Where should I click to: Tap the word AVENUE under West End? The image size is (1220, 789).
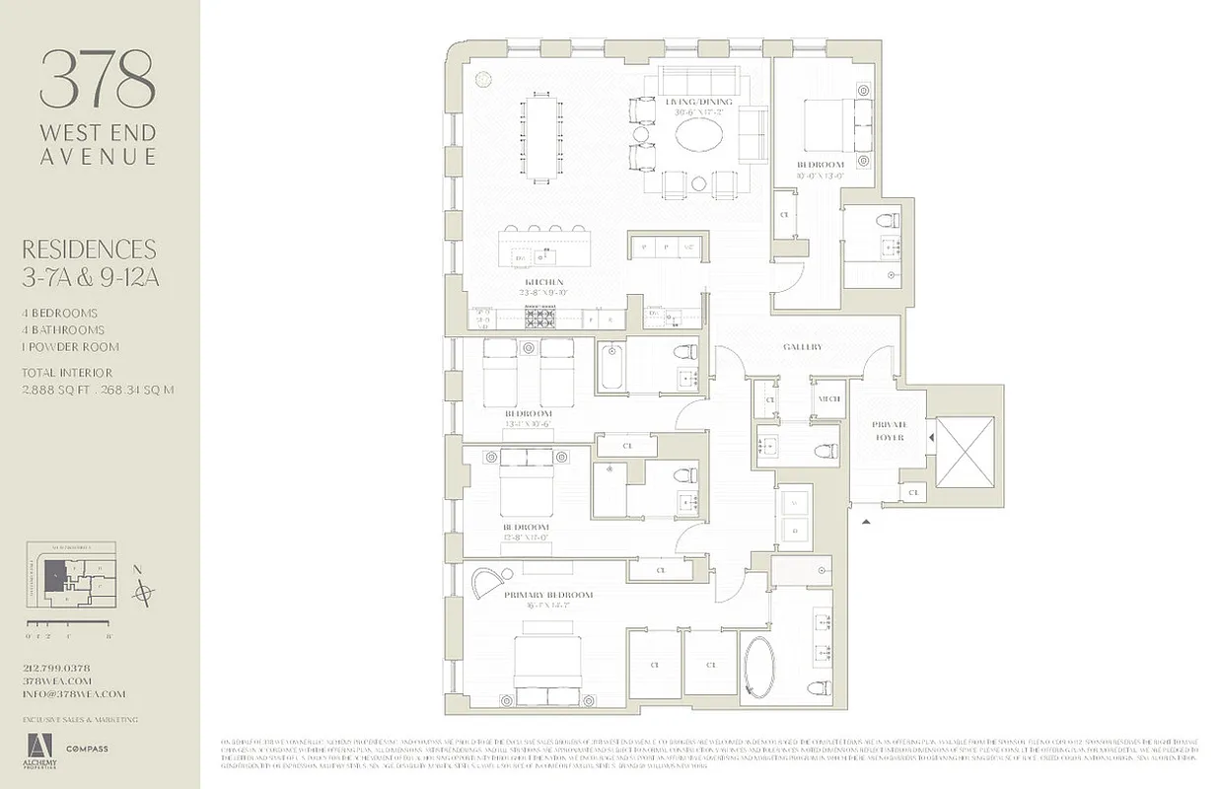pos(98,157)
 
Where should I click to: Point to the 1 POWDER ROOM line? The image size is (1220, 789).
pos(71,347)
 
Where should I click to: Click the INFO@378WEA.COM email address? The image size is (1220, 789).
pos(74,694)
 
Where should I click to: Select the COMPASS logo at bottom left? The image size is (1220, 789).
pos(88,750)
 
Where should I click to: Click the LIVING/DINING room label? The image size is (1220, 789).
pos(698,103)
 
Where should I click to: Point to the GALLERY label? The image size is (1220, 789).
pos(802,347)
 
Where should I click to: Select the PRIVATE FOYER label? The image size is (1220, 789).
pos(888,430)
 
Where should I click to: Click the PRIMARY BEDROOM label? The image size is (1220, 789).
pos(548,596)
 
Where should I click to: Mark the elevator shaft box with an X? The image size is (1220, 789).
pos(965,450)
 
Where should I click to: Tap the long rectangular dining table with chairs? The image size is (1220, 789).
pos(538,137)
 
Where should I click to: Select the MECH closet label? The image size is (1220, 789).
pos(826,398)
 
